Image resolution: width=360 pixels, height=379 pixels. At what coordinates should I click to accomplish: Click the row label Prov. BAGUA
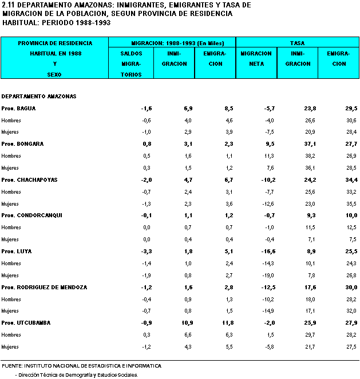[x=18, y=109]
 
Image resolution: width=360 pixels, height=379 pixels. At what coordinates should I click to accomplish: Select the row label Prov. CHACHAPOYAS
[x=30, y=180]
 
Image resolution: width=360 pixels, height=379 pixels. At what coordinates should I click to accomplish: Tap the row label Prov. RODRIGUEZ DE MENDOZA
[x=44, y=288]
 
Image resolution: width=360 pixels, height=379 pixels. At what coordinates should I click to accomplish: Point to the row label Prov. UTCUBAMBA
[x=26, y=323]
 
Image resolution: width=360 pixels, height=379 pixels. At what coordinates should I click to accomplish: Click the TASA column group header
[x=298, y=43]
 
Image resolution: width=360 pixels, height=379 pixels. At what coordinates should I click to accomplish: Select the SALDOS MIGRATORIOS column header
[x=131, y=64]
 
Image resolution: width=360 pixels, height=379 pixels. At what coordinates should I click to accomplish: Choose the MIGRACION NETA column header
[x=256, y=59]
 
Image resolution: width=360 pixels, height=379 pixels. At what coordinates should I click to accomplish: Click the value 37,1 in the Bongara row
[x=310, y=144]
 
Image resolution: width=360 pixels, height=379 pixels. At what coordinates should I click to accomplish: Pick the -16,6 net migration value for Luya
[x=268, y=252]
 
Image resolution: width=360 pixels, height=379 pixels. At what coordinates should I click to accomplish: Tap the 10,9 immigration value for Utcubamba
[x=187, y=323]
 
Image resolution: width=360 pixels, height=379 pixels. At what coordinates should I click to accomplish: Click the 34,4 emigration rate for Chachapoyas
[x=351, y=180]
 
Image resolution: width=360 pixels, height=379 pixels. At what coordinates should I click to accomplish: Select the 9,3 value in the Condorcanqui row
[x=311, y=216]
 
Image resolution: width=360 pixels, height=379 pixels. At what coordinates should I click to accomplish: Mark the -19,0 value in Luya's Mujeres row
[x=268, y=276]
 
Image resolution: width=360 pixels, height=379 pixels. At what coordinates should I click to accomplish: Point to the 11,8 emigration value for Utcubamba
[x=228, y=323]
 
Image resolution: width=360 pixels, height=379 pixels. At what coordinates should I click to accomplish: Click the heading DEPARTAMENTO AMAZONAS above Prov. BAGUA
[x=39, y=97]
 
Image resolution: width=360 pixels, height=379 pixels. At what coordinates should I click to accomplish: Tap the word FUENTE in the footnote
[x=12, y=366]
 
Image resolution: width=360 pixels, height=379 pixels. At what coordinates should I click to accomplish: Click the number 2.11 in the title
[x=9, y=5]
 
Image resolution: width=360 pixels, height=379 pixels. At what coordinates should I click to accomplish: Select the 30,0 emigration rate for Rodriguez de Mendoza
[x=351, y=288]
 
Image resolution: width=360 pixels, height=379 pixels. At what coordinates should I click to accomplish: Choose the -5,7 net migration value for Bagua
[x=270, y=109]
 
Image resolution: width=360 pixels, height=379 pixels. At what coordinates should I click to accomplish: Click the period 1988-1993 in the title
[x=93, y=23]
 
